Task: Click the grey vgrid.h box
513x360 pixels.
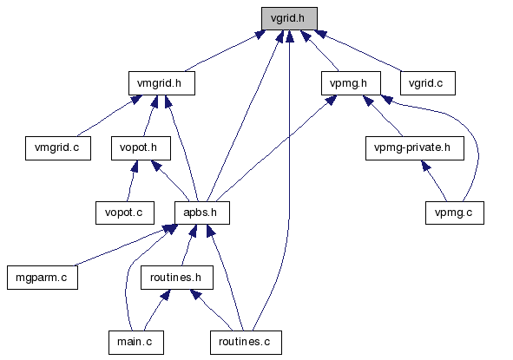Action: pos(289,18)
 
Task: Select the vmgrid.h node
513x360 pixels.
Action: pos(161,83)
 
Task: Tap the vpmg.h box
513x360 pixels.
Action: pos(351,83)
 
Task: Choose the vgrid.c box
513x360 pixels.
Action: pos(428,83)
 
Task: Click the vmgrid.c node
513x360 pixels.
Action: pos(58,148)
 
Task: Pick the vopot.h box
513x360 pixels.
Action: pos(141,148)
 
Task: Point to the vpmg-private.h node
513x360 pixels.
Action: pos(415,148)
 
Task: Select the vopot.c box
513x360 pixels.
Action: pos(125,213)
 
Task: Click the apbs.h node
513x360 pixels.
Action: pos(202,213)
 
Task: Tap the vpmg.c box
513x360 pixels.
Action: pos(455,213)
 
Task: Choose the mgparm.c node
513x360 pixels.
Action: pos(43,278)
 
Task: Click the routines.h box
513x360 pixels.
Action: pos(177,278)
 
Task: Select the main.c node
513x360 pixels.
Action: pos(136,343)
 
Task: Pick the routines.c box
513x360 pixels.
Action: pos(246,343)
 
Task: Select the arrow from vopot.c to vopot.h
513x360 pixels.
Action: pos(132,180)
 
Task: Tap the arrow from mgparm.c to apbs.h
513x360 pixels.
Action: pos(121,247)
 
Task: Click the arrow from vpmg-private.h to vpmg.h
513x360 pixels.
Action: pos(383,115)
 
